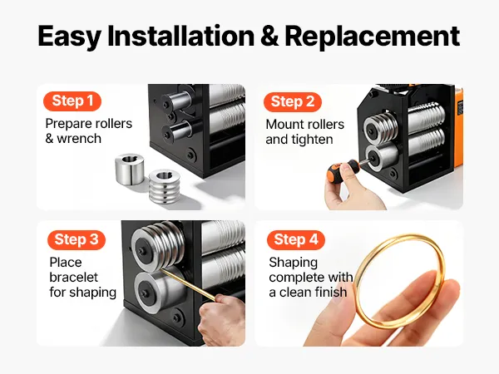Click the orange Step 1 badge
[x=72, y=101]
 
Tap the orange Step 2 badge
[x=293, y=101]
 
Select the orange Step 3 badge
[x=77, y=240]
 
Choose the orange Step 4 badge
[x=296, y=240]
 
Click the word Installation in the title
[x=180, y=36]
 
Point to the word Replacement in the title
[x=373, y=37]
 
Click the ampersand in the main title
[x=269, y=36]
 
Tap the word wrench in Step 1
[x=79, y=139]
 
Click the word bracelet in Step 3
[x=73, y=277]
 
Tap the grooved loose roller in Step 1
[x=165, y=186]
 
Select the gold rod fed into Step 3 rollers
[x=189, y=285]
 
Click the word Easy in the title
[x=69, y=37]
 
